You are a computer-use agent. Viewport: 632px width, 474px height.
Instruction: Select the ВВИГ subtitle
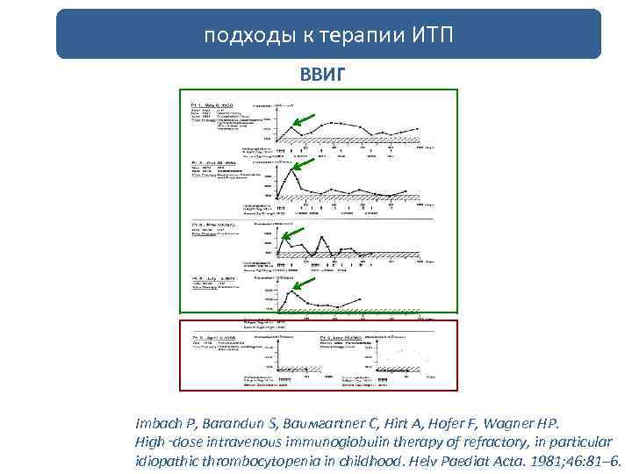point(317,73)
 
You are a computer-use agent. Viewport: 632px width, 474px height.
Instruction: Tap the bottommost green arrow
point(303,281)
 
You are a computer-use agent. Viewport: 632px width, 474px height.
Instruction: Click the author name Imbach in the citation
point(160,421)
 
